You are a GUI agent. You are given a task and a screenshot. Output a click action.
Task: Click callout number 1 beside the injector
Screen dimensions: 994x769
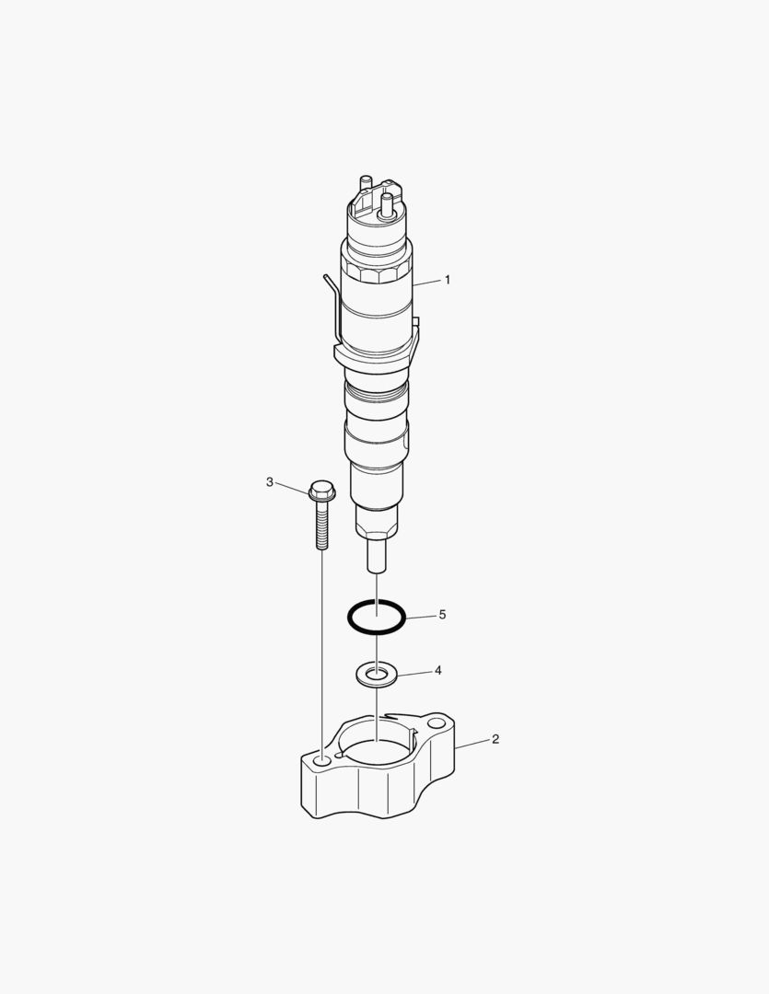[x=448, y=279]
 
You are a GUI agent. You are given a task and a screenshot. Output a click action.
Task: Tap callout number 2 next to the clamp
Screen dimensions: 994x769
[x=495, y=739]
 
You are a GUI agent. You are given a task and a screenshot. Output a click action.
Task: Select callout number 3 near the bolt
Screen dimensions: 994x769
[x=270, y=481]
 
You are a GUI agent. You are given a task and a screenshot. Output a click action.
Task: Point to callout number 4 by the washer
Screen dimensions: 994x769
[x=438, y=670]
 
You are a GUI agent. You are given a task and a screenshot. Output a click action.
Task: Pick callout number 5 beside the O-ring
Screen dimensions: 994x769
[x=442, y=614]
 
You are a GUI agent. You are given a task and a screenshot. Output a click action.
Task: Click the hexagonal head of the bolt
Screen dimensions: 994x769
[x=321, y=491]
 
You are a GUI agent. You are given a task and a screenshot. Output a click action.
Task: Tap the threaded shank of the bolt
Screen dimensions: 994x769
[x=321, y=528]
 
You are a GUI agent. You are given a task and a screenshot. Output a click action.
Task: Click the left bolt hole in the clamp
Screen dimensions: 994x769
[x=321, y=762]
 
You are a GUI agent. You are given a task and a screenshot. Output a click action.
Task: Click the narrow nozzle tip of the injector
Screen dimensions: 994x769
[x=377, y=555]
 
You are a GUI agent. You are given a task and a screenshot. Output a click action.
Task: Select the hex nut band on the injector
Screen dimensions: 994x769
[x=376, y=274]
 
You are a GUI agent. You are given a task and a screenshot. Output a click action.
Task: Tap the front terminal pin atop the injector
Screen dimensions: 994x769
[x=387, y=204]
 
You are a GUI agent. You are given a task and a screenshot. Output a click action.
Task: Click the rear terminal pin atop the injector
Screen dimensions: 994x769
[x=366, y=182]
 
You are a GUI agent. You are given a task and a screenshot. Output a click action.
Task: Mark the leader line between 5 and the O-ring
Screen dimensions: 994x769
[x=420, y=616]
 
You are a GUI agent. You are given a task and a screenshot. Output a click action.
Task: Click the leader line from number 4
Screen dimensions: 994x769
[x=414, y=673]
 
